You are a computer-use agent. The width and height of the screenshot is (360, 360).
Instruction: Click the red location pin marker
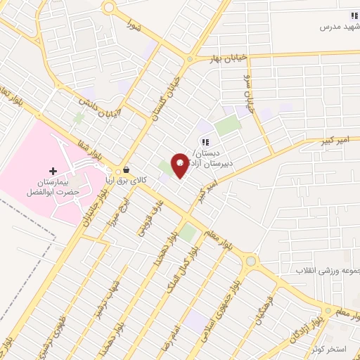point(180,166)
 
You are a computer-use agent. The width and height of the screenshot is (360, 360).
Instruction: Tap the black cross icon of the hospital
point(53,171)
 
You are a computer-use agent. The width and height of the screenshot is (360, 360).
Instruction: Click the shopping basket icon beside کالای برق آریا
point(126,170)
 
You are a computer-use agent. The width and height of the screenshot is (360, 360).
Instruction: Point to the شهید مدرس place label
point(340,27)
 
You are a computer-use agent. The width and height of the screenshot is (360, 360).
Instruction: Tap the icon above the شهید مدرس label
point(354,15)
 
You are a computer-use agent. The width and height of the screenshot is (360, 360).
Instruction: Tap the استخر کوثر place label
point(336,349)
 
